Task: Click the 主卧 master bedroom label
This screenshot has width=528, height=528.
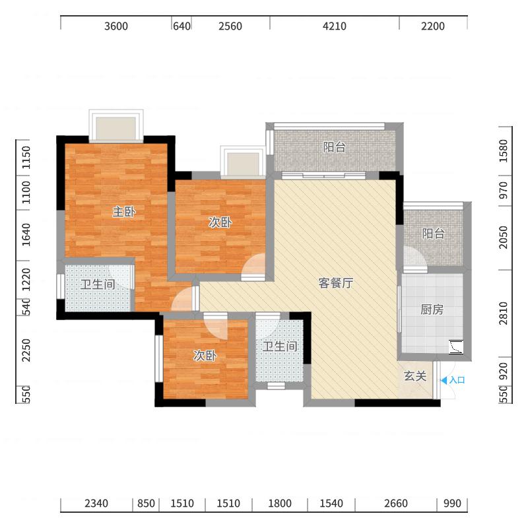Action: point(124,212)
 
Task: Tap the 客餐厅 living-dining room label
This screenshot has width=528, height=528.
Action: point(336,283)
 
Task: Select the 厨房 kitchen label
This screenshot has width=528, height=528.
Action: point(432,310)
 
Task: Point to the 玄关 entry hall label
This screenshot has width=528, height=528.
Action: point(415,376)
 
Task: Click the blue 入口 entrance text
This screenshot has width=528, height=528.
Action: point(457,380)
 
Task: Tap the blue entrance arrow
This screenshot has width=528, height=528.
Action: point(444,381)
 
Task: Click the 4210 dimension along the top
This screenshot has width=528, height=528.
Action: point(335,26)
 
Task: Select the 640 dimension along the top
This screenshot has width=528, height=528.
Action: point(181,26)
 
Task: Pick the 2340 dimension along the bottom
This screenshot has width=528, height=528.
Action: point(96,504)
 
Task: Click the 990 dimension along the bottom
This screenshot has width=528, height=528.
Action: point(452,504)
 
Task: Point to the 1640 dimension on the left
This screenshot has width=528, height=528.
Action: point(26,234)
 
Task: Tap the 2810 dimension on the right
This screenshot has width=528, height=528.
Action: point(503,313)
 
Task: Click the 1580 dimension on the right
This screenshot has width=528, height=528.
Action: point(503,151)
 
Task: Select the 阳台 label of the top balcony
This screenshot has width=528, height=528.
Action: point(335,147)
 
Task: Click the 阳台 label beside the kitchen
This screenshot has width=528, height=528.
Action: point(434,234)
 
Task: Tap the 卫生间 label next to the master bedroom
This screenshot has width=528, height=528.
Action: point(98,284)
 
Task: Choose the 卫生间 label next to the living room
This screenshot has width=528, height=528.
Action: point(280,346)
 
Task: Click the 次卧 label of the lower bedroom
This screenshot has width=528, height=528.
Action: point(205,355)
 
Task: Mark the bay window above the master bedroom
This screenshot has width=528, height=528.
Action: point(116,125)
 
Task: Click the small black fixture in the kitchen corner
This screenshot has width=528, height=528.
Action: point(456,347)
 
